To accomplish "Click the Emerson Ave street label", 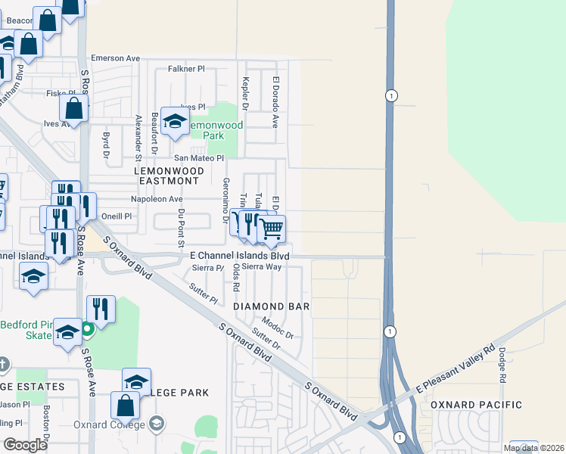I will pos(116,58).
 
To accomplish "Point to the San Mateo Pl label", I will pos(199,158).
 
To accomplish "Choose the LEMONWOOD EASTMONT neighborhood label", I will pos(169,176).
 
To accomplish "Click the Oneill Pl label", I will pos(117,216).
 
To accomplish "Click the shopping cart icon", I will pos(272,229).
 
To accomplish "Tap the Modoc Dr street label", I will pos(277,329).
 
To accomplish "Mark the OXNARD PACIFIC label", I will pos(477,406).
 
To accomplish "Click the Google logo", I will pos(25,445).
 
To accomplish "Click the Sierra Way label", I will pos(262,267).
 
